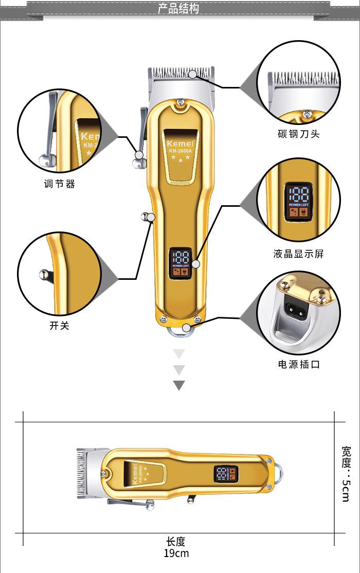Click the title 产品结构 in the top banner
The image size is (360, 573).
click(178, 9)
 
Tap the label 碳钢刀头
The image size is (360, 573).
click(298, 134)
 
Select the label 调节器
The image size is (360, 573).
click(59, 184)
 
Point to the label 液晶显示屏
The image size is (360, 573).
click(298, 254)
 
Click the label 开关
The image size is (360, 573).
click(59, 326)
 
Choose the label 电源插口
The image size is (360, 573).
click(298, 364)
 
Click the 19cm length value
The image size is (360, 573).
click(176, 553)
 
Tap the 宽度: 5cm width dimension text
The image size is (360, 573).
click(346, 473)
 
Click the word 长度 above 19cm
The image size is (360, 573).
click(175, 542)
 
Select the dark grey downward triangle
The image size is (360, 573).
click(178, 385)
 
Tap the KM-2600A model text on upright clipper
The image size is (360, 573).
click(179, 150)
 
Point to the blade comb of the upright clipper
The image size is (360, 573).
click(181, 73)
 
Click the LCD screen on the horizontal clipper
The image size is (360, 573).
click(226, 475)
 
